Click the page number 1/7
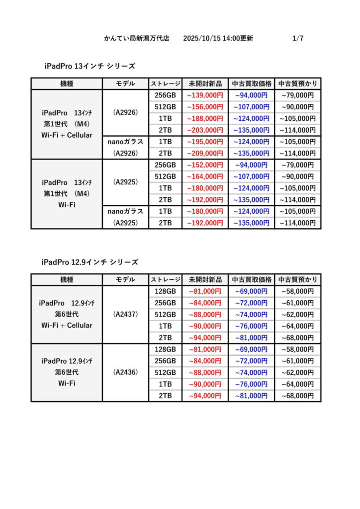(298, 38)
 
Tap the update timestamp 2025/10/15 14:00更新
(218, 38)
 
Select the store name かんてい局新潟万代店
(137, 38)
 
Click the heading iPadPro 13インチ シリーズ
(90, 66)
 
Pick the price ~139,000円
(205, 95)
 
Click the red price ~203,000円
(205, 130)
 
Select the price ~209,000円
(205, 154)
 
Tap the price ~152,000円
(205, 165)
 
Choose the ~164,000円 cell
(205, 176)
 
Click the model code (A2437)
(125, 314)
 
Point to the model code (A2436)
(125, 372)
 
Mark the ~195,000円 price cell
(205, 142)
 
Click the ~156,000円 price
(205, 107)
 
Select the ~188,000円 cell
(205, 119)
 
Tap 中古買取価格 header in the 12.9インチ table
(252, 279)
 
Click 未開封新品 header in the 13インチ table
(205, 84)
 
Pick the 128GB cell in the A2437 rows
(165, 291)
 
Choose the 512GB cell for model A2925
(165, 176)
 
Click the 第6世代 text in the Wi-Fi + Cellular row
(67, 314)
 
